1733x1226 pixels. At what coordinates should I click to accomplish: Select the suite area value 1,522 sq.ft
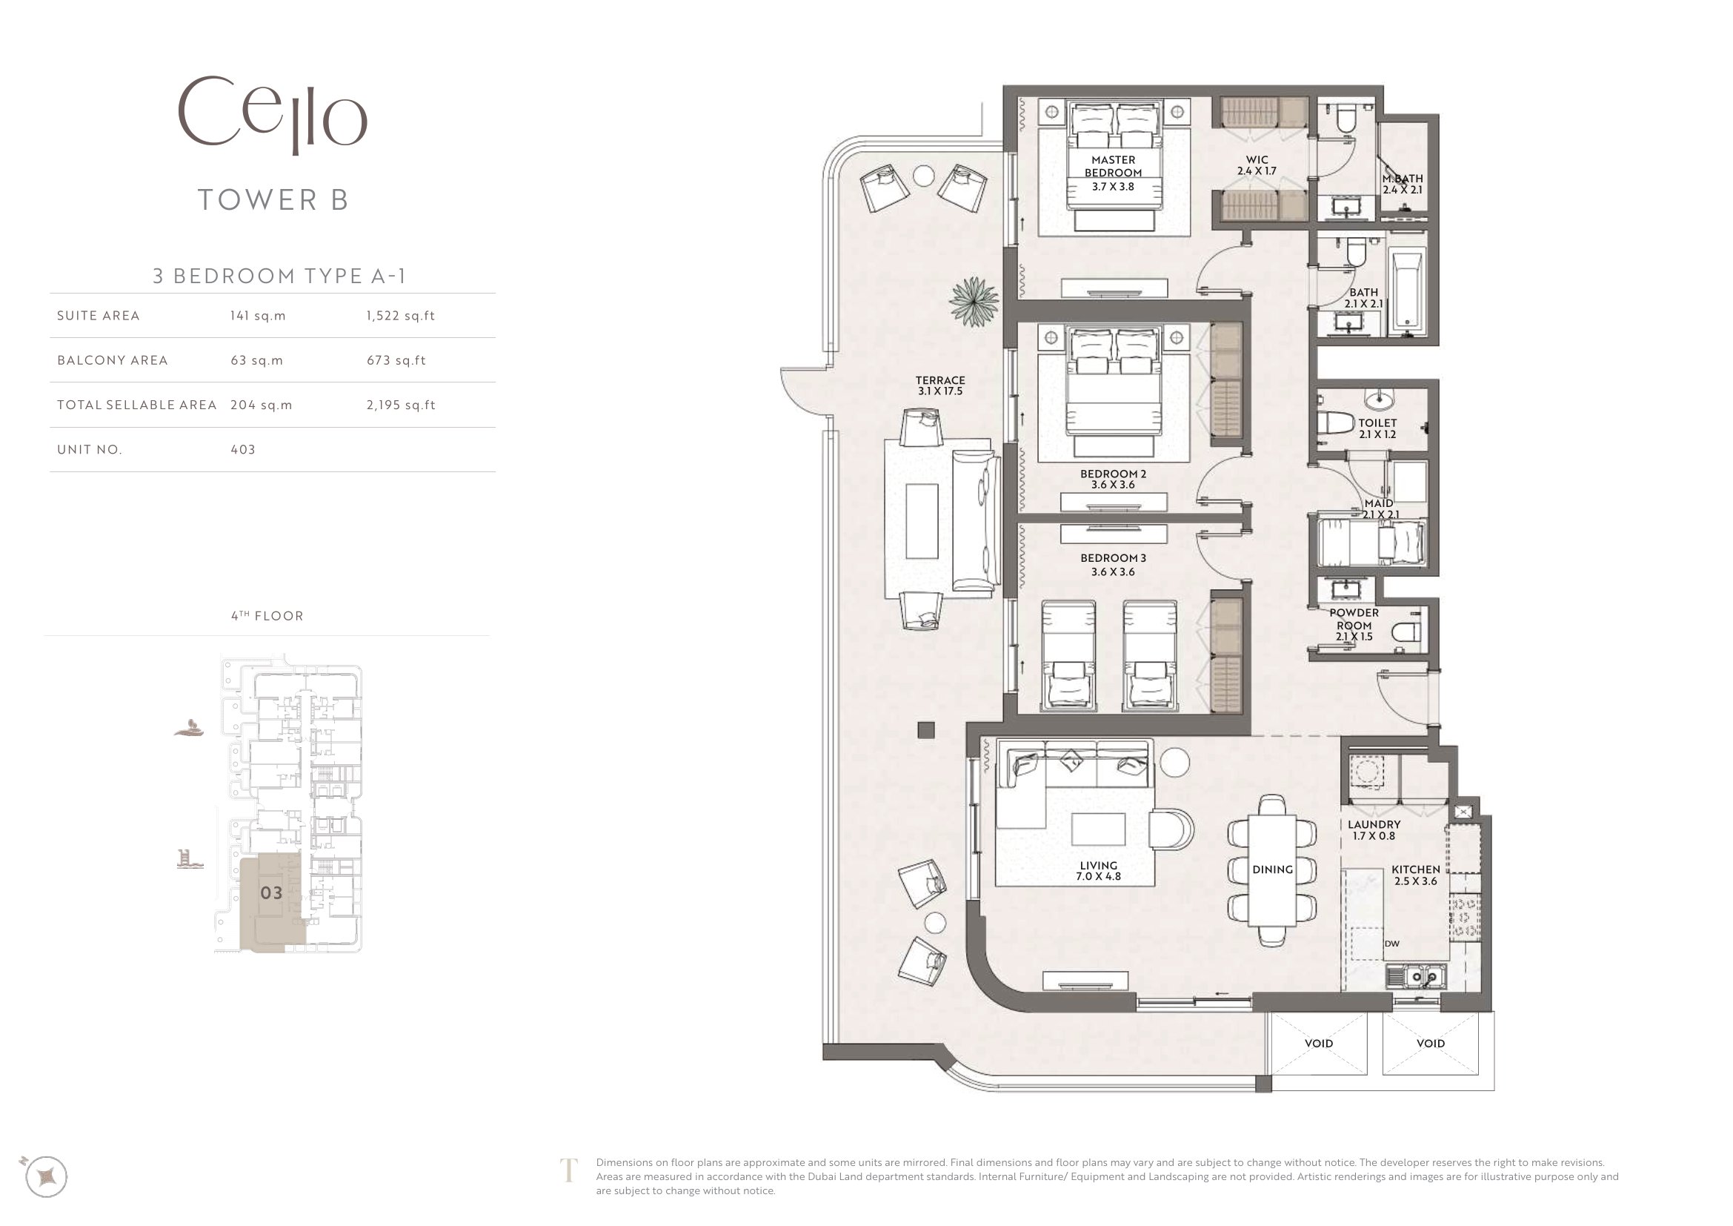click(401, 316)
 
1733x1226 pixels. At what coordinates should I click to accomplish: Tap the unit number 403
click(243, 449)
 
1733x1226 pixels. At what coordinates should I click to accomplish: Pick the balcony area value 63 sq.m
click(256, 360)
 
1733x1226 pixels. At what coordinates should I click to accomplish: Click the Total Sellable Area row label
click(136, 405)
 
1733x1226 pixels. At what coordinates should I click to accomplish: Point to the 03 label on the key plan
click(272, 893)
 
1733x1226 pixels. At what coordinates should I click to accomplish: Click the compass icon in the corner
click(46, 1176)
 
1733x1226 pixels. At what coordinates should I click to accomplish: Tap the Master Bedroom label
click(1114, 166)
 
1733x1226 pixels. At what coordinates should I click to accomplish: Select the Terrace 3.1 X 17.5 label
click(940, 385)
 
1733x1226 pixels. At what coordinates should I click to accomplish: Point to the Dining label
click(1273, 869)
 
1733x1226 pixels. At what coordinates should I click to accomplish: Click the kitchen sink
click(1415, 977)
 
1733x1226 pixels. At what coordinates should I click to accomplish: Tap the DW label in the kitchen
click(1392, 944)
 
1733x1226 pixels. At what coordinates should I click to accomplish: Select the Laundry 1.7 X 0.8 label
click(1374, 830)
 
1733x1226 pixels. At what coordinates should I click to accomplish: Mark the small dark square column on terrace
click(926, 730)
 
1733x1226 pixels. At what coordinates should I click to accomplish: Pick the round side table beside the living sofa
click(1174, 762)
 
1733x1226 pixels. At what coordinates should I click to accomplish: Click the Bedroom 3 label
click(1114, 565)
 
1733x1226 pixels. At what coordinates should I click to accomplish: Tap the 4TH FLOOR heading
click(267, 616)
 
